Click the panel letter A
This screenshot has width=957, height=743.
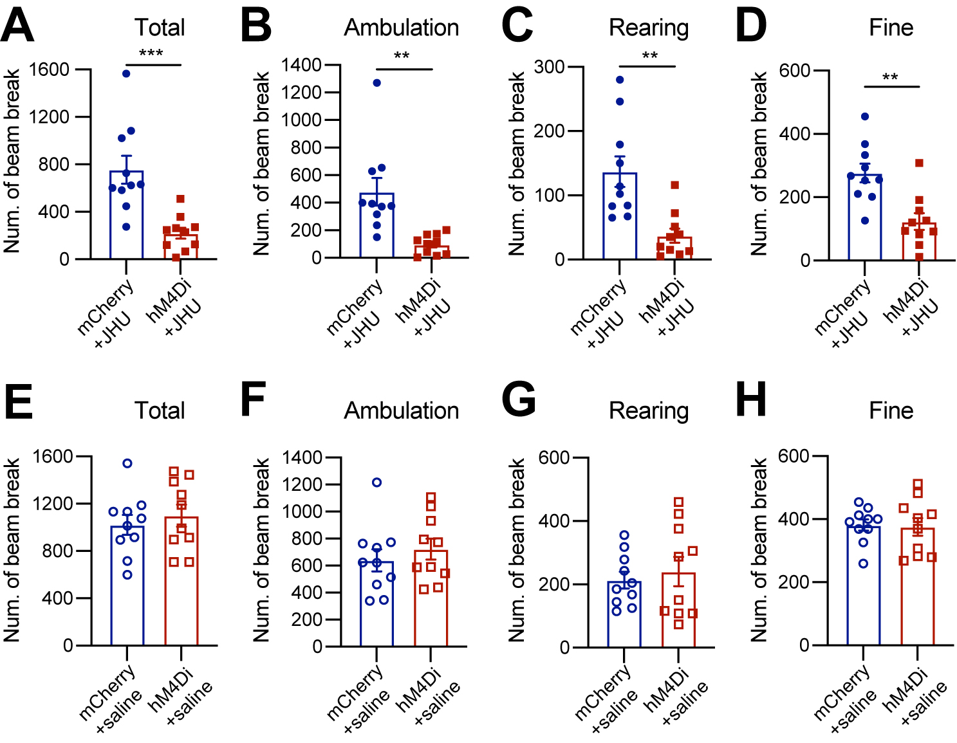pyautogui.click(x=17, y=27)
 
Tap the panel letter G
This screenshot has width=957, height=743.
pyautogui.click(x=518, y=399)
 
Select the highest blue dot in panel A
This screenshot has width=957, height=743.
pyautogui.click(x=126, y=73)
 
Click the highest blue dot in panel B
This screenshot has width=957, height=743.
pyautogui.click(x=377, y=83)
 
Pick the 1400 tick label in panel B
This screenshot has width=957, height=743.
pyautogui.click(x=302, y=65)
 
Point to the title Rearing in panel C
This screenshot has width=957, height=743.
pyautogui.click(x=649, y=28)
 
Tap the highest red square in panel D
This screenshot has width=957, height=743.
pyautogui.click(x=919, y=163)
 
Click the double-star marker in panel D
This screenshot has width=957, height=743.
pyautogui.click(x=890, y=78)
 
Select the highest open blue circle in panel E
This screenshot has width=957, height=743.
pyautogui.click(x=127, y=463)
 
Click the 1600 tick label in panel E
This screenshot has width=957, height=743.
pyautogui.click(x=53, y=457)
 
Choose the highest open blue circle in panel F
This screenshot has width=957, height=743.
pyautogui.click(x=377, y=482)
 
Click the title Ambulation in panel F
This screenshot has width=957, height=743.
pyautogui.click(x=402, y=410)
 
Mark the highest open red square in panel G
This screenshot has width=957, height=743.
pyautogui.click(x=678, y=502)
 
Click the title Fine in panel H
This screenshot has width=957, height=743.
pyautogui.click(x=891, y=410)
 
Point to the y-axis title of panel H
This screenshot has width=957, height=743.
pyautogui.click(x=759, y=549)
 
